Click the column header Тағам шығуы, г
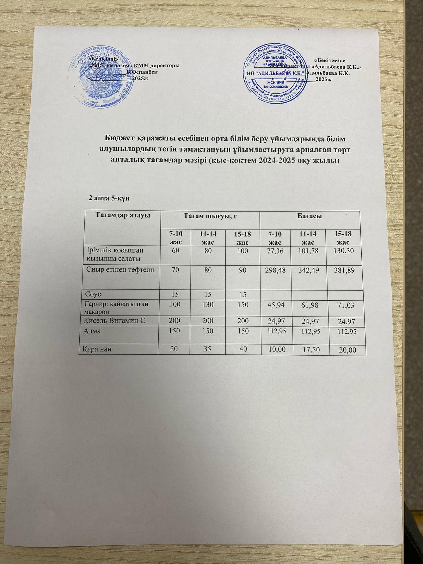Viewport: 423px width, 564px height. tap(210, 216)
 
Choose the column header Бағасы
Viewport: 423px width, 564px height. tap(309, 215)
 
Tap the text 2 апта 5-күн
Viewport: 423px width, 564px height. tap(109, 199)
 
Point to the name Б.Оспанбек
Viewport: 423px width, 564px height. tap(142, 72)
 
